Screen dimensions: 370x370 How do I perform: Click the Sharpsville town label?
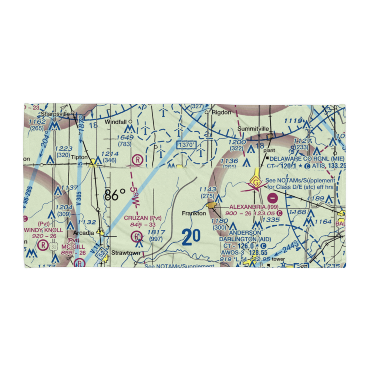[55, 114]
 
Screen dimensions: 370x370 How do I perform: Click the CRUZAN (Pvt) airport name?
[142, 218]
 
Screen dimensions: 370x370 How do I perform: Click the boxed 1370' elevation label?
[185, 145]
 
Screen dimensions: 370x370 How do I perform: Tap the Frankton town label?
[194, 213]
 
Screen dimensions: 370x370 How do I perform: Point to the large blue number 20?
[191, 237]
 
